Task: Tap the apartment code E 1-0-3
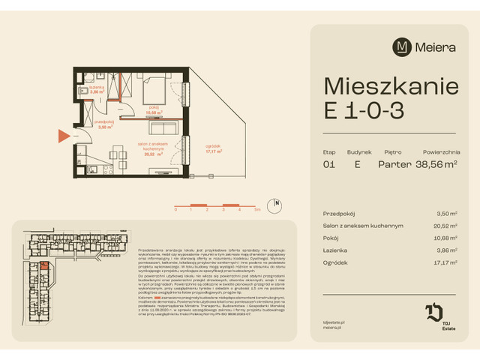click(x=364, y=110)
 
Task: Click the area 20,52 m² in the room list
click(x=447, y=225)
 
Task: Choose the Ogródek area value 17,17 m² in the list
click(x=447, y=263)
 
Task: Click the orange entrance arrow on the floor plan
click(x=64, y=136)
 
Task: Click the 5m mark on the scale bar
click(x=257, y=210)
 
